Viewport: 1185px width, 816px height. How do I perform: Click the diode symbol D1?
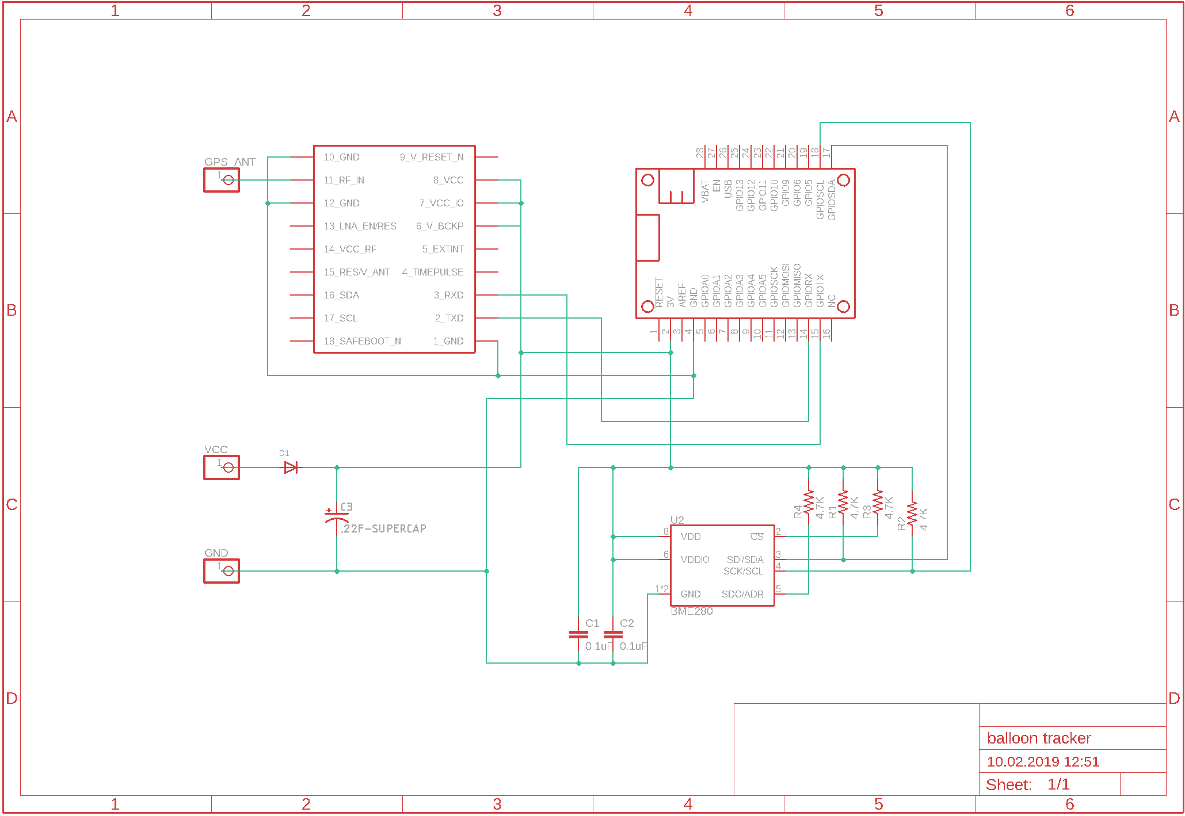(291, 468)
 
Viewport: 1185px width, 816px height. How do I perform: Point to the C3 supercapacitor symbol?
(336, 515)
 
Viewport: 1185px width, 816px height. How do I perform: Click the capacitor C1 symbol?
(578, 634)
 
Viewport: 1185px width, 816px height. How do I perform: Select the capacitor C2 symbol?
(613, 634)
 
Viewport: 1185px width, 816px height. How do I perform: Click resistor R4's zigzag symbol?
(809, 503)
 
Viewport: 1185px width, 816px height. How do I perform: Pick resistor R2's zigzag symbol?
(912, 514)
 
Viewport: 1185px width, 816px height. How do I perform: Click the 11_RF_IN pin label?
(344, 180)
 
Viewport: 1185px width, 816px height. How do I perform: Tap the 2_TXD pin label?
(449, 318)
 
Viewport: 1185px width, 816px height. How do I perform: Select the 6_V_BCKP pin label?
(440, 226)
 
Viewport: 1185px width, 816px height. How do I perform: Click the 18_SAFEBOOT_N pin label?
(362, 341)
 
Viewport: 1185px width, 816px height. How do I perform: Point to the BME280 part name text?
(691, 611)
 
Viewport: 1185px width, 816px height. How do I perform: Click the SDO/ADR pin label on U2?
(742, 594)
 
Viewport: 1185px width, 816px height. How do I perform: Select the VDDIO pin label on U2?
(695, 560)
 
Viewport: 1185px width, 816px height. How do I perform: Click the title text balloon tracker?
(1038, 738)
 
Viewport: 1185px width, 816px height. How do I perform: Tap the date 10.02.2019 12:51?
(1042, 761)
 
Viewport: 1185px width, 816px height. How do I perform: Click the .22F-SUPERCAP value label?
(383, 528)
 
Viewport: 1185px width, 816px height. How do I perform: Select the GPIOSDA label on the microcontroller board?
(832, 200)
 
